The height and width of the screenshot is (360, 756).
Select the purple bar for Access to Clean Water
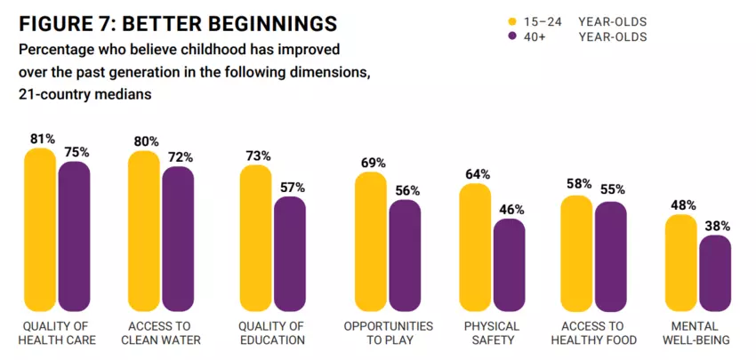click(178, 236)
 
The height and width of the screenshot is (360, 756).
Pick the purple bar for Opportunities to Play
click(405, 253)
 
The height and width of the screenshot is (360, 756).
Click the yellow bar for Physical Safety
click(475, 244)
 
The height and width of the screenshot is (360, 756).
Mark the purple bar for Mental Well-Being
click(715, 271)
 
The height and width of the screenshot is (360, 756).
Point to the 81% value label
click(42, 139)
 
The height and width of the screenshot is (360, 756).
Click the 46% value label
click(511, 210)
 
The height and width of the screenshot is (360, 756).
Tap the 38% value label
click(717, 226)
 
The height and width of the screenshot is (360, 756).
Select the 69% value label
click(374, 163)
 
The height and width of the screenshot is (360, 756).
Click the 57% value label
click(292, 188)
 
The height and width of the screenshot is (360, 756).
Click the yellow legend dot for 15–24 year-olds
click(511, 21)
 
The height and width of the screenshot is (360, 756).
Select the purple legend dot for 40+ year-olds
click(511, 36)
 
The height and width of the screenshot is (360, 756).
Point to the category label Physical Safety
click(491, 332)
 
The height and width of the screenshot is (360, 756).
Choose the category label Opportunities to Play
click(389, 332)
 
